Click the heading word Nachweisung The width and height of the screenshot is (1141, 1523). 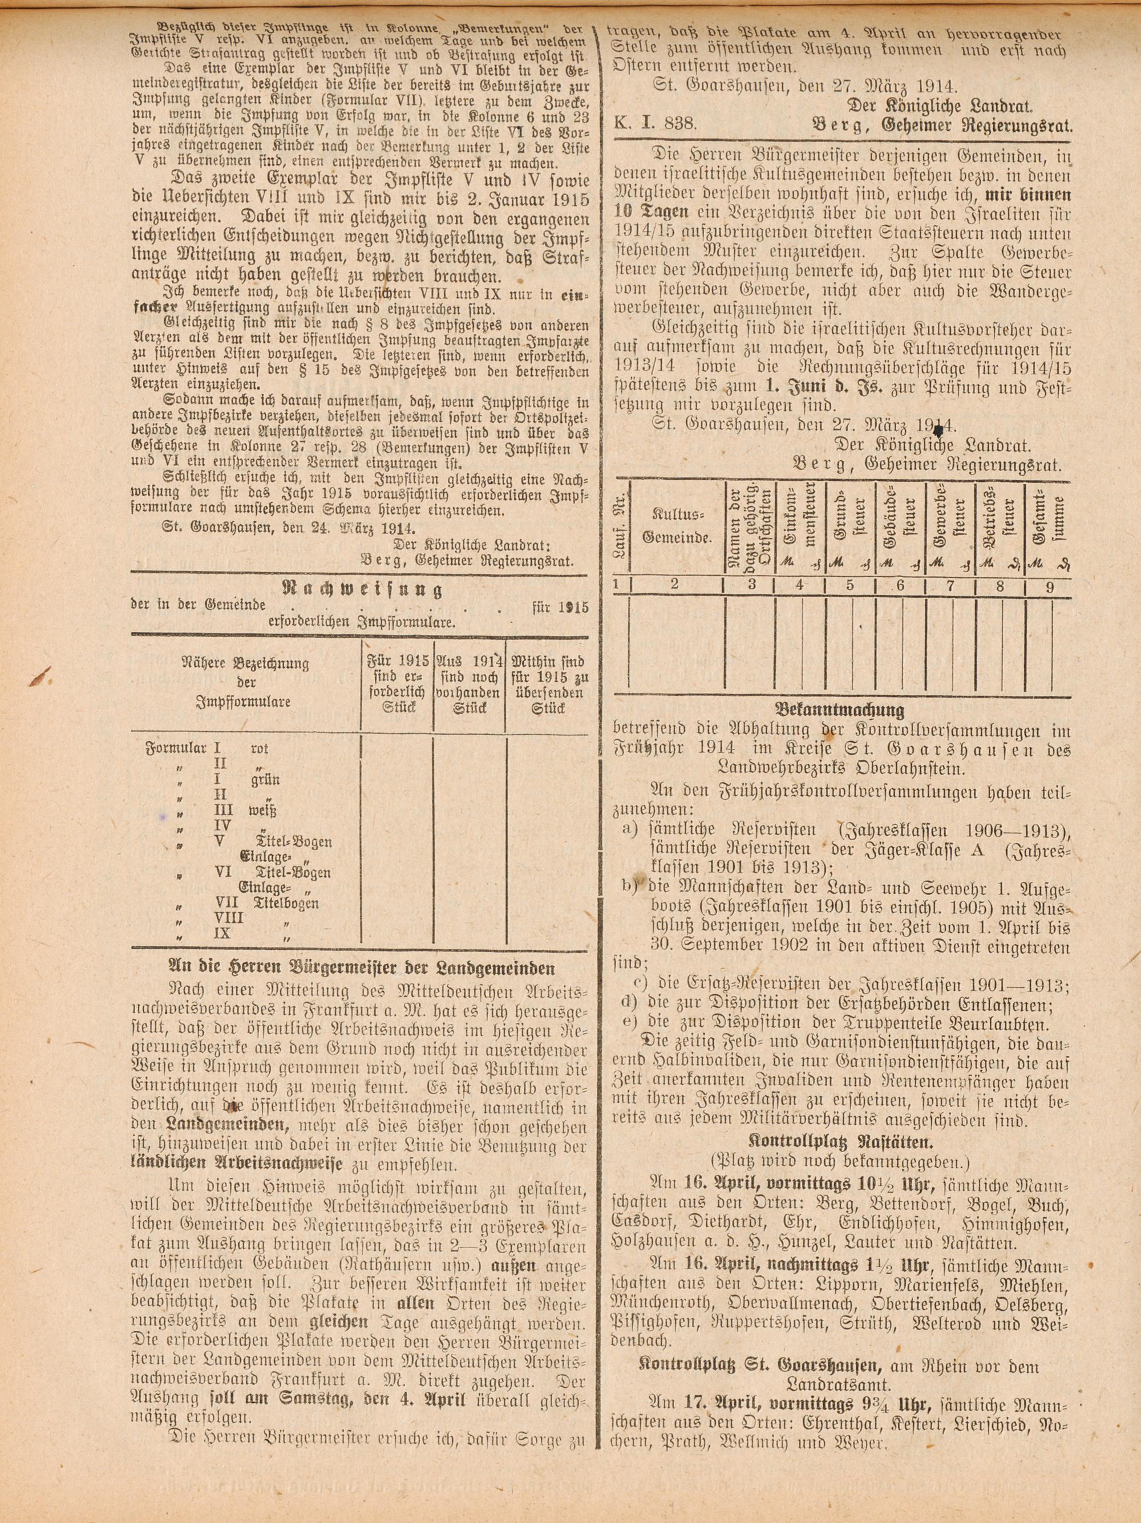(x=362, y=589)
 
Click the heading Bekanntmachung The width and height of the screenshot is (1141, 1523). (x=839, y=710)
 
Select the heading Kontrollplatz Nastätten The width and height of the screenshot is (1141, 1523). (x=839, y=1143)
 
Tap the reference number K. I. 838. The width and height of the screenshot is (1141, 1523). (x=656, y=124)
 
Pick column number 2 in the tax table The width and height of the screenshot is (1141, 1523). (x=675, y=585)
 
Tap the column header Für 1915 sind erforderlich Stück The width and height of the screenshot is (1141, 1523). (x=397, y=684)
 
